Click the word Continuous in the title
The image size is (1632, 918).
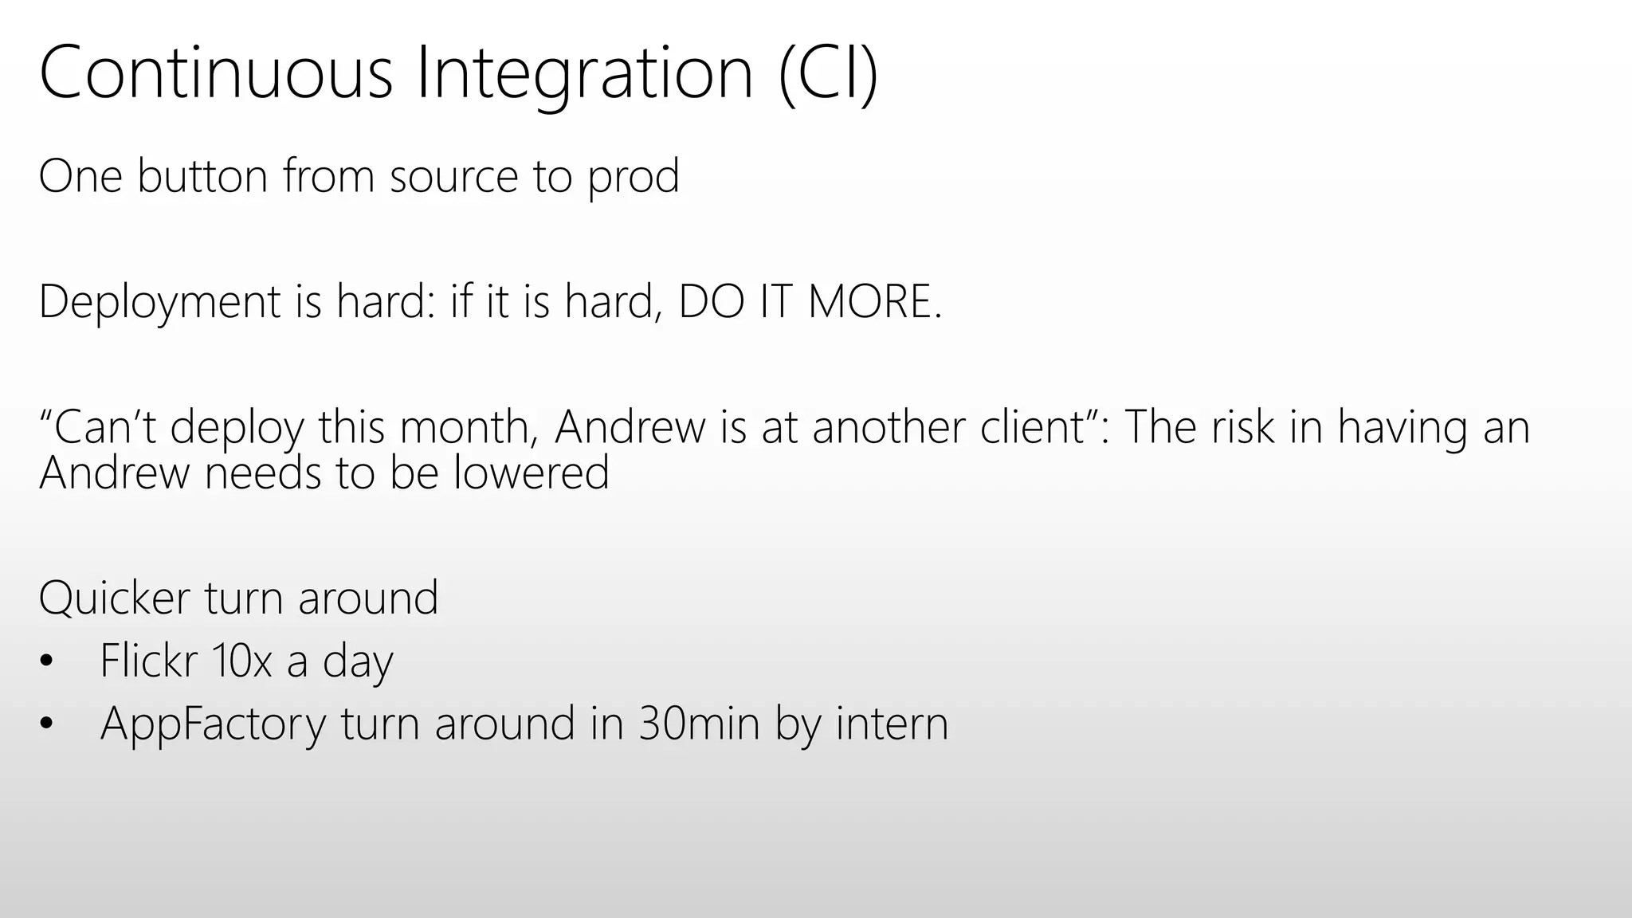point(215,73)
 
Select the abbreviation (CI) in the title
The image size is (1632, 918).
point(828,73)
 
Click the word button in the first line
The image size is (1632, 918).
point(202,176)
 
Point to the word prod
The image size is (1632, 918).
point(634,178)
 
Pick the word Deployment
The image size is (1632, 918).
point(159,303)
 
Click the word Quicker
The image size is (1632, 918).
point(115,598)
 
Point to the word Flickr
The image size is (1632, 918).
point(148,661)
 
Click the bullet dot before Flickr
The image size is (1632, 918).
point(46,661)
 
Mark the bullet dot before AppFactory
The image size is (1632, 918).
point(46,724)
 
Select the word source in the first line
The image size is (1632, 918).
point(453,178)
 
